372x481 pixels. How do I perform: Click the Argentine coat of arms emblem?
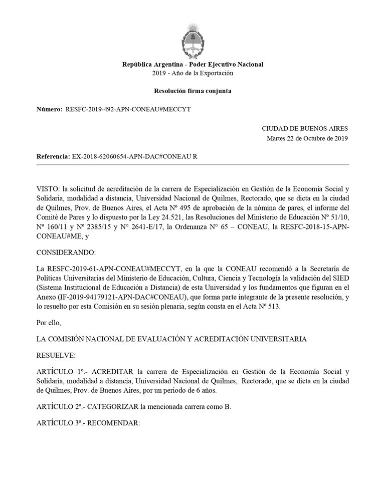coord(193,40)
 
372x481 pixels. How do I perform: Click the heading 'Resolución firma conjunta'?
coord(193,91)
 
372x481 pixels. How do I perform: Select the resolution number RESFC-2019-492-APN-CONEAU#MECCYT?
coord(128,109)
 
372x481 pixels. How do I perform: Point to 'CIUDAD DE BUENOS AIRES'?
coord(305,129)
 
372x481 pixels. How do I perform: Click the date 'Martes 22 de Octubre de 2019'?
coord(307,138)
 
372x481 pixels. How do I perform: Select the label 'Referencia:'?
coord(53,156)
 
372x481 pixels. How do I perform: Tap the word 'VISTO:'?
coord(48,188)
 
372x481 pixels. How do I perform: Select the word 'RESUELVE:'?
coord(56,355)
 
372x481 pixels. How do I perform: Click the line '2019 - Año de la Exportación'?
coord(193,73)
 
